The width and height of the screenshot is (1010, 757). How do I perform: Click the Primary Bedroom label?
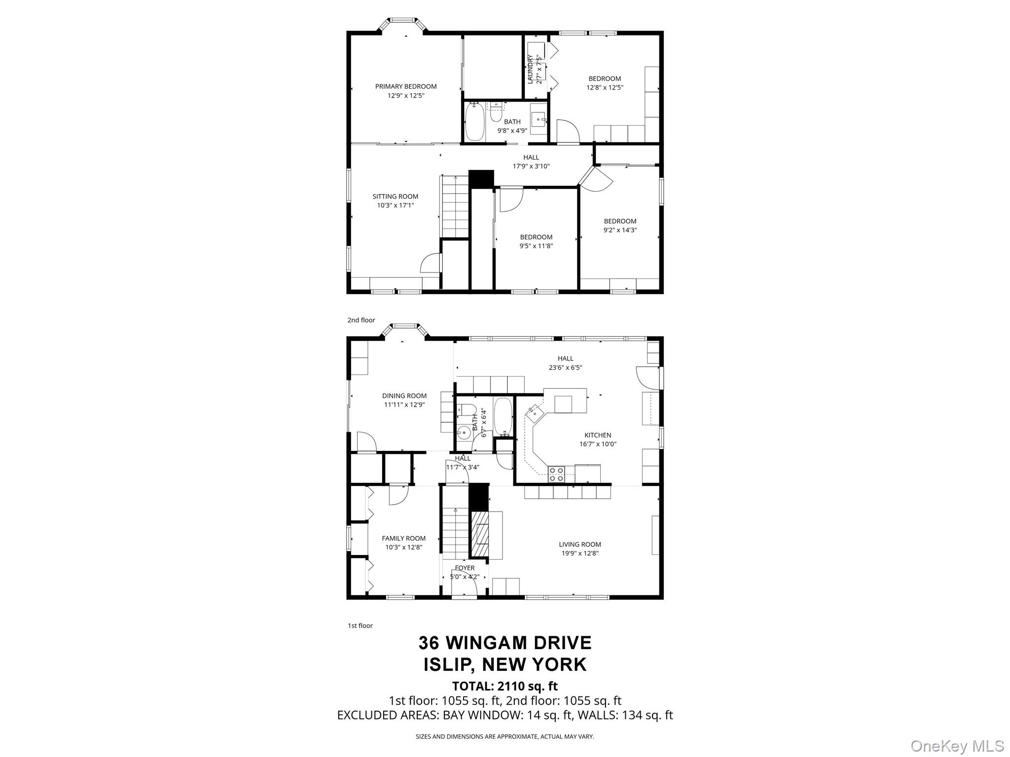[x=406, y=86]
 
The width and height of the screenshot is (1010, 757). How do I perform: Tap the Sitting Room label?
[x=395, y=196]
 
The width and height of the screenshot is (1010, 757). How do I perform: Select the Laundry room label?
[x=530, y=69]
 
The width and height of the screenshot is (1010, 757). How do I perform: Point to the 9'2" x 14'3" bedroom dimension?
[x=620, y=230]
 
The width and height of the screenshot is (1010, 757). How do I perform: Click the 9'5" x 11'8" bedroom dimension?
[x=536, y=245]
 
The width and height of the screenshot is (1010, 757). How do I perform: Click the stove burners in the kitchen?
[x=556, y=474]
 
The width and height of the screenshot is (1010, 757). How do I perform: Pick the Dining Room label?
[x=404, y=396]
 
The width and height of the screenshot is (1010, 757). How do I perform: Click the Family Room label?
[x=403, y=538]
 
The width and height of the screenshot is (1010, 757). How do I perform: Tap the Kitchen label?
[x=598, y=435]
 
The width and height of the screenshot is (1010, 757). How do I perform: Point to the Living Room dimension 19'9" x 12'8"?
[x=580, y=553]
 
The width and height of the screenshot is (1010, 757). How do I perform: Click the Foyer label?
[x=465, y=568]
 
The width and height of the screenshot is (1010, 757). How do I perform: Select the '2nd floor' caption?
[x=361, y=320]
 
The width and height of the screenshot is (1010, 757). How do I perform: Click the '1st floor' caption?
[x=360, y=625]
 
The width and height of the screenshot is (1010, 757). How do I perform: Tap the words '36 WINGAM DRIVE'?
[x=505, y=643]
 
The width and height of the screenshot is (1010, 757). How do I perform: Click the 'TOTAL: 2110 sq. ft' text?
[x=505, y=686]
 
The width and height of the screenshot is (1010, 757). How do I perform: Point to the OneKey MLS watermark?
[x=957, y=746]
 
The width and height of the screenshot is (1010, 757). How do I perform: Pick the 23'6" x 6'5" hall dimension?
[x=566, y=367]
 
